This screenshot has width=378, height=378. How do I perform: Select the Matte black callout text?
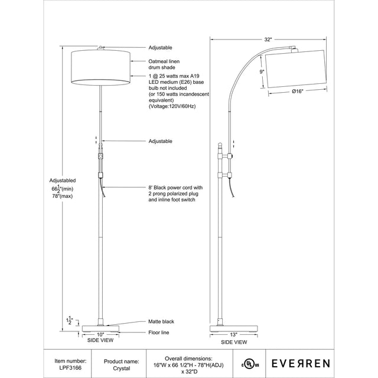point(161,321)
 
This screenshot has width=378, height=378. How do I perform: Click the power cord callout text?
point(172,194)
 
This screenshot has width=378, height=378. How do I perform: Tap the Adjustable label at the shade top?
point(159,47)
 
